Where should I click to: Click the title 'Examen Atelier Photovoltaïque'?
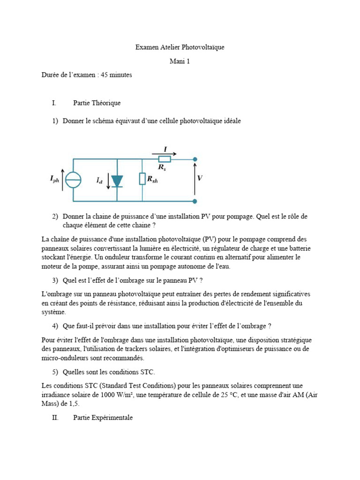(180, 47)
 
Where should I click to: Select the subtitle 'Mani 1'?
(180, 61)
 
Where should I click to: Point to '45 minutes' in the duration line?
(115, 75)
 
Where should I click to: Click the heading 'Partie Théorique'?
(97, 103)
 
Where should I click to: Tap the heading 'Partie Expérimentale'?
(103, 418)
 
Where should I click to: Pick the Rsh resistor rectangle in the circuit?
(142, 179)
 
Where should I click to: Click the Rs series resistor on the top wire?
(165, 159)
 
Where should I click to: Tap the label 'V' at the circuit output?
(200, 179)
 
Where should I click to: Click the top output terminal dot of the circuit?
(195, 159)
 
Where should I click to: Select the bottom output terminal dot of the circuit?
(195, 202)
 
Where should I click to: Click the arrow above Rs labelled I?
(164, 153)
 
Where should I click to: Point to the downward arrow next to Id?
(109, 181)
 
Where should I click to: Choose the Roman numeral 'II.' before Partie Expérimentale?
(55, 418)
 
